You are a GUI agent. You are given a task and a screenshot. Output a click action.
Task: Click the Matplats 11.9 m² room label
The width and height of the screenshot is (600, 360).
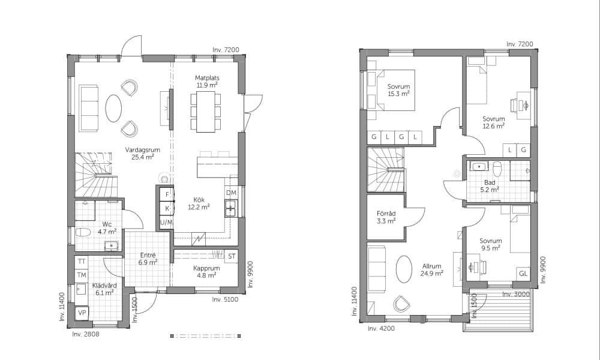(207, 82)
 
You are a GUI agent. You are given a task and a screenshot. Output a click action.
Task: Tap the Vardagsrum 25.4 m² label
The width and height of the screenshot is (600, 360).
(142, 154)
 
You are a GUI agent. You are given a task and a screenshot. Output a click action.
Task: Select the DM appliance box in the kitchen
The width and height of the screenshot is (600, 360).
(231, 193)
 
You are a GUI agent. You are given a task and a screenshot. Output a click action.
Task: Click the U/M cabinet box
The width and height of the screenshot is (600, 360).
(166, 222)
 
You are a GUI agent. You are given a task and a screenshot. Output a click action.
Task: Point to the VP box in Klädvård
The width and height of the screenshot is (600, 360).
(82, 313)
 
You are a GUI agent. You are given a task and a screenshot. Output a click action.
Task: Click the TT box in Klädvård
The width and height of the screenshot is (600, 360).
(82, 262)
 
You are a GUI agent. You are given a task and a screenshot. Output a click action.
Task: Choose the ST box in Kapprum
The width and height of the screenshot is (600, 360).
(232, 256)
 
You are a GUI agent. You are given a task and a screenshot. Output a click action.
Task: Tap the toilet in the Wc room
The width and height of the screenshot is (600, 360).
(83, 232)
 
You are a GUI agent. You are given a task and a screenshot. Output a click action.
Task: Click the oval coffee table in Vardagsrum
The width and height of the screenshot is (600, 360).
(113, 108)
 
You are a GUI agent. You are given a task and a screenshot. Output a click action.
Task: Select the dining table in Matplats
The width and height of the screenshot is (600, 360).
(206, 112)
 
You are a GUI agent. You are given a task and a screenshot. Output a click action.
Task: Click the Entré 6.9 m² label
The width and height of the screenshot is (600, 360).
(148, 259)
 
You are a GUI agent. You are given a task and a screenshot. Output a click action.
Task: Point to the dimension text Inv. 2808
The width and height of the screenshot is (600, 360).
(86, 334)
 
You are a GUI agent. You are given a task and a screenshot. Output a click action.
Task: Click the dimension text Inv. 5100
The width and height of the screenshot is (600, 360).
(225, 299)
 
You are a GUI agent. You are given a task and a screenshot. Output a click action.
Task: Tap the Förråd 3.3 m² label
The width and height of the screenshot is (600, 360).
(386, 217)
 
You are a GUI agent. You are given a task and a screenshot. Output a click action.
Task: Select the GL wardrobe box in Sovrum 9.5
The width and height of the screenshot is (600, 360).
(523, 274)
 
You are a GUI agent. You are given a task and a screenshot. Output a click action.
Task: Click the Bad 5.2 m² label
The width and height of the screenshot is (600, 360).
(490, 186)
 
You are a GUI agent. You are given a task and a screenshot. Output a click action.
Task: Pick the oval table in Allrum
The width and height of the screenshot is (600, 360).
(404, 269)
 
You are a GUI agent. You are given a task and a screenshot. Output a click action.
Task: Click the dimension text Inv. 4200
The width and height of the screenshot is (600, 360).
(381, 328)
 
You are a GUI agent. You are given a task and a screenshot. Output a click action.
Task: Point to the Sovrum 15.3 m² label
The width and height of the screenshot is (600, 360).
(399, 90)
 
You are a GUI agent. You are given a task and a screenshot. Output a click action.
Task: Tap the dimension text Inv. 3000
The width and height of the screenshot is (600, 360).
(516, 294)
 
